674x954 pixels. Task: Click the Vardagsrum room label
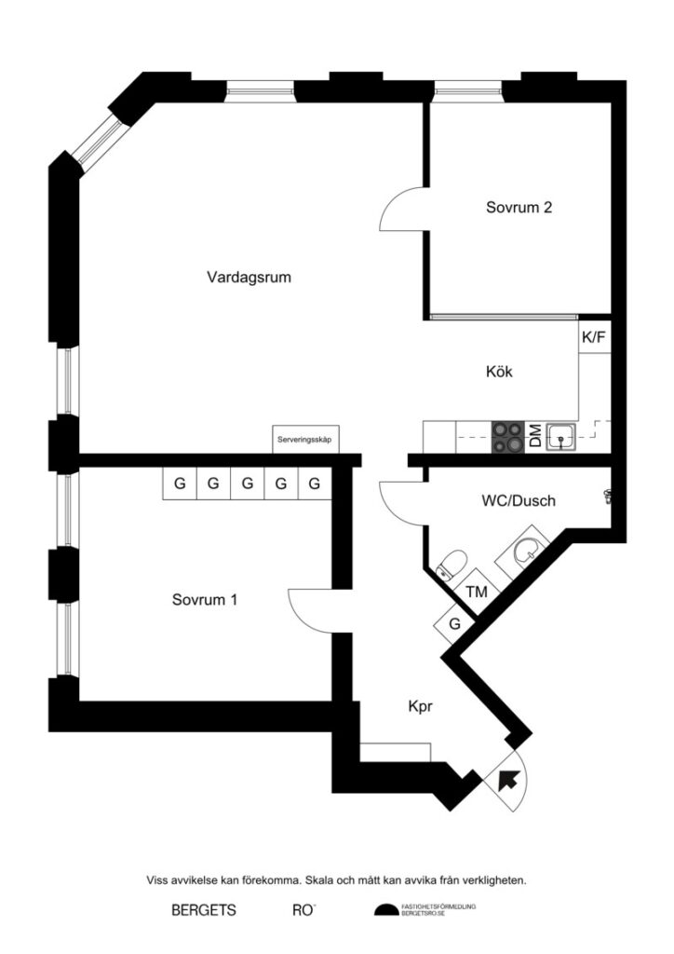tap(243, 277)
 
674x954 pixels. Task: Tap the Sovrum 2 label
tap(519, 208)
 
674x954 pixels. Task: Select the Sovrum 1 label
tap(204, 600)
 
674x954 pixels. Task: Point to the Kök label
tap(499, 371)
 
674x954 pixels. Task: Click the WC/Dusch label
tap(518, 501)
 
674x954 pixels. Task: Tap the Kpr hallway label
tap(421, 706)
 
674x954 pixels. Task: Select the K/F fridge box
tap(594, 337)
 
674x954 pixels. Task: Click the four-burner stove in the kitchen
tap(508, 436)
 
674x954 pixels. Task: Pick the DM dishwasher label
tap(535, 437)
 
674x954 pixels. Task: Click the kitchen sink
tap(561, 435)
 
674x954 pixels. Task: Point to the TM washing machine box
tap(477, 592)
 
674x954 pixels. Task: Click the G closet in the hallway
tap(454, 623)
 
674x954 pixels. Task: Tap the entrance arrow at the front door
tap(509, 780)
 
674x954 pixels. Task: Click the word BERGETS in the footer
tap(203, 911)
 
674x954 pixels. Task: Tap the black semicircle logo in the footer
tap(385, 910)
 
